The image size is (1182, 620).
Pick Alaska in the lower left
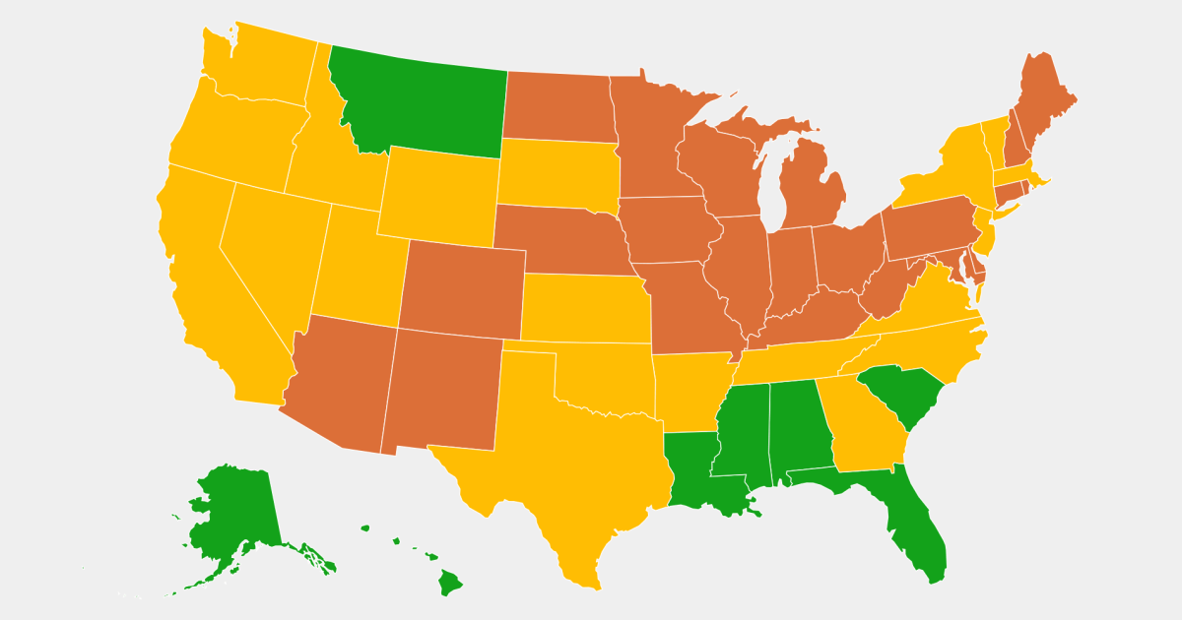pyautogui.click(x=236, y=512)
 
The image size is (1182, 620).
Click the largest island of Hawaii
pyautogui.click(x=449, y=583)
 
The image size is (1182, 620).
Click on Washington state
pyautogui.click(x=261, y=64)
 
